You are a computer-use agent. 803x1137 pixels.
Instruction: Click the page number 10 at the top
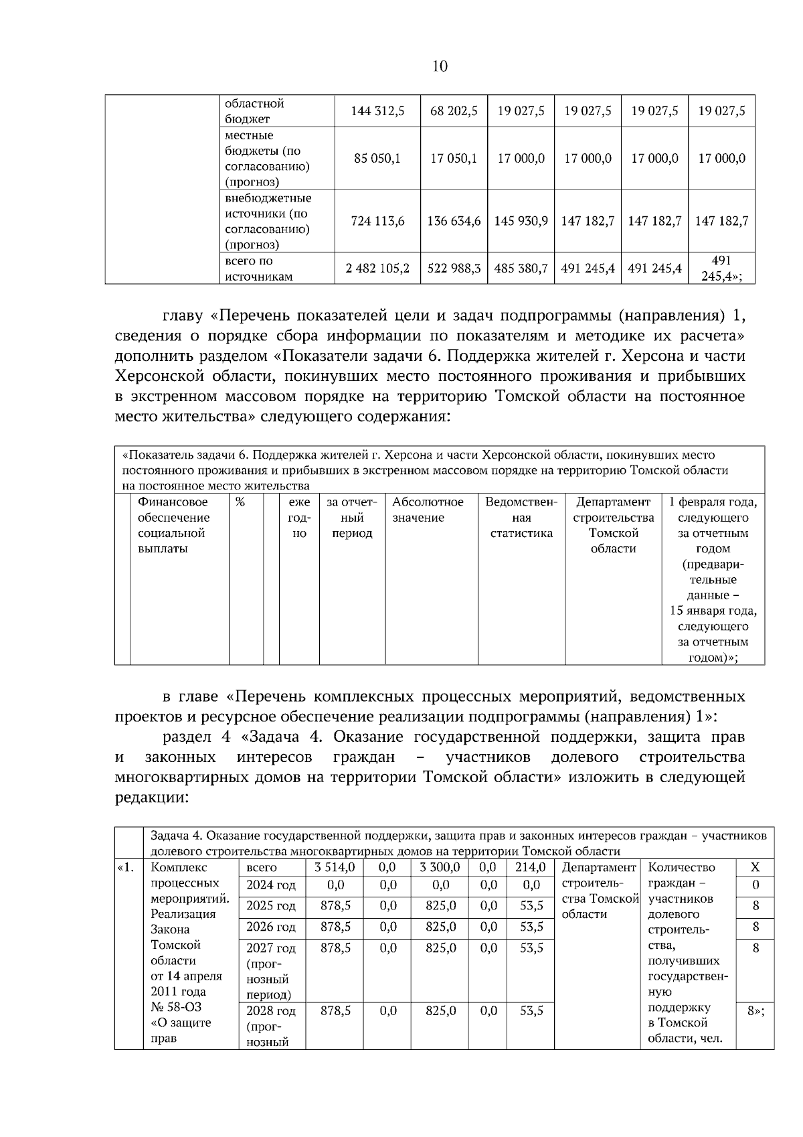[x=440, y=66]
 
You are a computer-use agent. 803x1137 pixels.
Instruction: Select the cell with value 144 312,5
[x=377, y=111]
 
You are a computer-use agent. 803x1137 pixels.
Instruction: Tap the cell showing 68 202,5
[x=454, y=111]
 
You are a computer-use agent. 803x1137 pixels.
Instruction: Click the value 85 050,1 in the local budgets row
[x=377, y=159]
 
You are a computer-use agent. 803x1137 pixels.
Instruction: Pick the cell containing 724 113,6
[x=377, y=221]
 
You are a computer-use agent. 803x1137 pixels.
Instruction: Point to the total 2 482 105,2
[x=377, y=269]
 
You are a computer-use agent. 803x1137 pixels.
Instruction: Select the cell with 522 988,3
[x=454, y=269]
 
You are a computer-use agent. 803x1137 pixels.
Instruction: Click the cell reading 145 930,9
[x=521, y=221]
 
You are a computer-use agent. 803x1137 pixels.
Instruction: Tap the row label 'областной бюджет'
[x=254, y=111]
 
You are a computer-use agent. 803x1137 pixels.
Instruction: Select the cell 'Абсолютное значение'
[x=428, y=510]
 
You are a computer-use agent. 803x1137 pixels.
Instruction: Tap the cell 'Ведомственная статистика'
[x=521, y=518]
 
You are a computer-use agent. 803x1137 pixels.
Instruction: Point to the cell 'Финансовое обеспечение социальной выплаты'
[x=173, y=525]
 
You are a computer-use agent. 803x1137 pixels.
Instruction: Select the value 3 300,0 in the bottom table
[x=440, y=867]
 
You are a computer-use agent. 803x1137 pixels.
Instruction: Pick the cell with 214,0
[x=531, y=867]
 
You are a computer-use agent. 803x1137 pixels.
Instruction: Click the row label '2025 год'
[x=270, y=906]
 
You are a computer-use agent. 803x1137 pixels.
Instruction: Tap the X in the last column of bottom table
[x=755, y=867]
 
